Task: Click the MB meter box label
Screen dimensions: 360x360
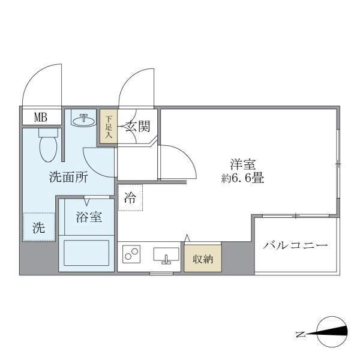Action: point(40,117)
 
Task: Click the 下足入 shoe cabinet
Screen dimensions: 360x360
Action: point(109,126)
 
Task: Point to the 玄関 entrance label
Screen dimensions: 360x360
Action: point(137,126)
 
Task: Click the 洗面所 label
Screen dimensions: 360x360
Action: point(68,177)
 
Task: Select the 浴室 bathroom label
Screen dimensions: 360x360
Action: point(88,218)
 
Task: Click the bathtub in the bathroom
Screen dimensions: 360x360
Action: point(86,254)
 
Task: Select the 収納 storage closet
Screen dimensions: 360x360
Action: point(202,259)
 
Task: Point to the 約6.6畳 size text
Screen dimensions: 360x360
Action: point(242,178)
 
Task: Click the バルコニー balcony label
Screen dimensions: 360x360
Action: point(295,245)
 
